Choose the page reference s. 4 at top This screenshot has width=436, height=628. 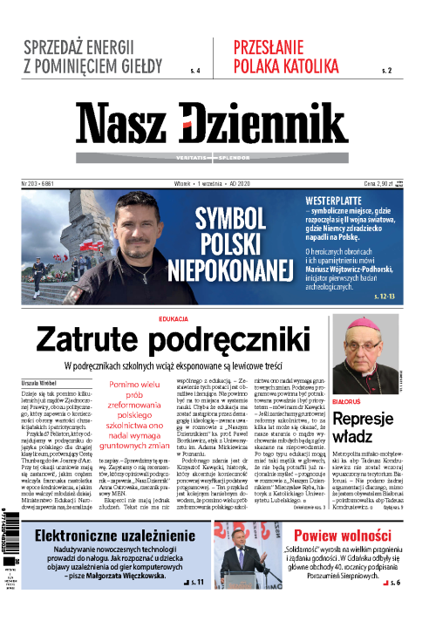(x=194, y=69)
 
